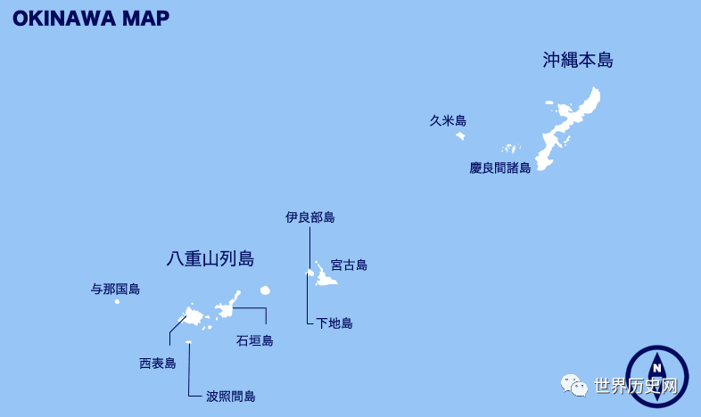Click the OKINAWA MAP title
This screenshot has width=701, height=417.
click(x=91, y=19)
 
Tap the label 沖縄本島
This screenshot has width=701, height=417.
click(x=578, y=61)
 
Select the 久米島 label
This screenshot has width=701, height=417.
click(x=448, y=121)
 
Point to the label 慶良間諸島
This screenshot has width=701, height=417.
click(x=499, y=168)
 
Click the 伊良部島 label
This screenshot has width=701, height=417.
click(x=310, y=217)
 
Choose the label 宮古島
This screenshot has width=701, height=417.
click(x=349, y=265)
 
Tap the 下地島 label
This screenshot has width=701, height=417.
click(x=334, y=323)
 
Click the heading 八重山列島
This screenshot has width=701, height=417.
click(x=210, y=259)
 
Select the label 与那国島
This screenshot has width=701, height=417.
click(x=115, y=289)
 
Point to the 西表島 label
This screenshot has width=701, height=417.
click(x=157, y=364)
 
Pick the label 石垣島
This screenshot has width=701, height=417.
click(x=254, y=340)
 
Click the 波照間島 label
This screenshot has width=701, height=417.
click(x=230, y=397)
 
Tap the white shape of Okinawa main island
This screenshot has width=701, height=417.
click(x=571, y=125)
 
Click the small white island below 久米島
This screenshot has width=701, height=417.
click(x=460, y=136)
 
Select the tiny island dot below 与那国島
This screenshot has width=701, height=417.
click(x=117, y=301)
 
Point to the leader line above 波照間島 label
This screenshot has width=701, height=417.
click(x=189, y=370)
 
